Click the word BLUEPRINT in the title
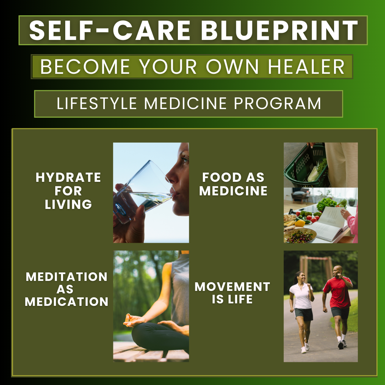pyautogui.click(x=279, y=30)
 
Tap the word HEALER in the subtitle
pyautogui.click(x=306, y=67)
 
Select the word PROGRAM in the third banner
pyautogui.click(x=277, y=103)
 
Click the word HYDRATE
pyautogui.click(x=68, y=177)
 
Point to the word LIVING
pyautogui.click(x=68, y=204)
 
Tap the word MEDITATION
pyautogui.click(x=67, y=277)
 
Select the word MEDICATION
pyautogui.click(x=67, y=302)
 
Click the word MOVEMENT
pyautogui.click(x=232, y=287)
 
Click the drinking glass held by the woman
pyautogui.click(x=144, y=191)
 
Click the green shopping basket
pyautogui.click(x=306, y=166)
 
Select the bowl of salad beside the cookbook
pyautogui.click(x=300, y=236)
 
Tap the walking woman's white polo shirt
pyautogui.click(x=301, y=296)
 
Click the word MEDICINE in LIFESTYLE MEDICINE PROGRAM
pyautogui.click(x=185, y=103)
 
